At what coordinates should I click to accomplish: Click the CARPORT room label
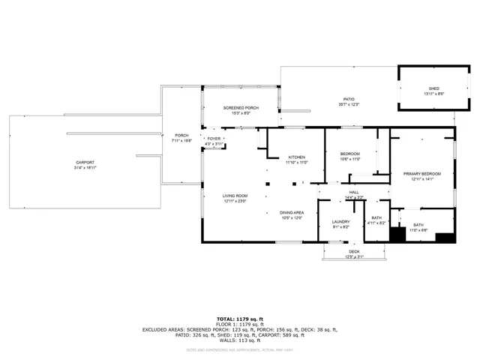[85, 162]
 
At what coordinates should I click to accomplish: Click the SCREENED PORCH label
[241, 108]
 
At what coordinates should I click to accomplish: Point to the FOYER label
[214, 139]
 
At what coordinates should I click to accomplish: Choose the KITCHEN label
[297, 157]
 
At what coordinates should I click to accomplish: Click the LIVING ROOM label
[235, 196]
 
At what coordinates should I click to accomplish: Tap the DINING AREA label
[292, 212]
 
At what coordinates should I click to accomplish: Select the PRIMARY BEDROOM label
[422, 174]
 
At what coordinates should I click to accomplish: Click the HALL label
[354, 192]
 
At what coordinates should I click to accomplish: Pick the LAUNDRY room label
[340, 222]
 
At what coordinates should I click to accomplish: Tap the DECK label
[353, 252]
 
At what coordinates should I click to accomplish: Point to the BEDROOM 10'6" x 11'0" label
[350, 154]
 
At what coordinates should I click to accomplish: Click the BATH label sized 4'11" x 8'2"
[376, 218]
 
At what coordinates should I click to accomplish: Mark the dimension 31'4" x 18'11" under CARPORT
[85, 167]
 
